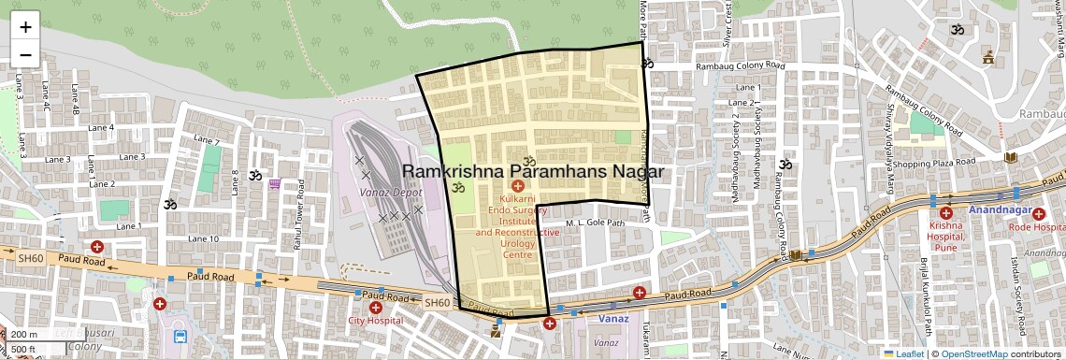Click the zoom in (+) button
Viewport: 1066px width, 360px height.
click(x=25, y=26)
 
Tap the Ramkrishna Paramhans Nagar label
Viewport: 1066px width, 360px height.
click(x=532, y=172)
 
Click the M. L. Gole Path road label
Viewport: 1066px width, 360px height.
click(x=595, y=223)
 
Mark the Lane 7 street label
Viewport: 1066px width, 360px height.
click(x=205, y=141)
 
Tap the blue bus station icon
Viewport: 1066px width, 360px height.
click(x=180, y=337)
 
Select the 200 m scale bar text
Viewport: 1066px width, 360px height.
click(x=25, y=335)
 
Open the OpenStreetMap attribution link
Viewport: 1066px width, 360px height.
click(x=973, y=353)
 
